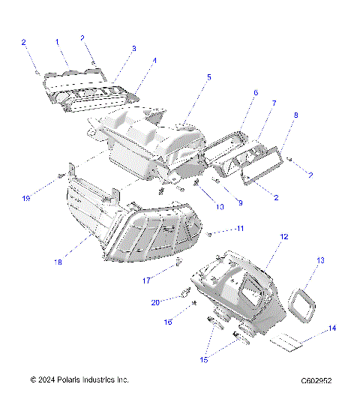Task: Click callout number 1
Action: point(57,43)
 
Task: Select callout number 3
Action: point(133,48)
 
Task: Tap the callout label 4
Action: point(154,61)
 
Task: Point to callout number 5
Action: point(208,76)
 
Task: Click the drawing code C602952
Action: point(312,380)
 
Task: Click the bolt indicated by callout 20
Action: point(181,293)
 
